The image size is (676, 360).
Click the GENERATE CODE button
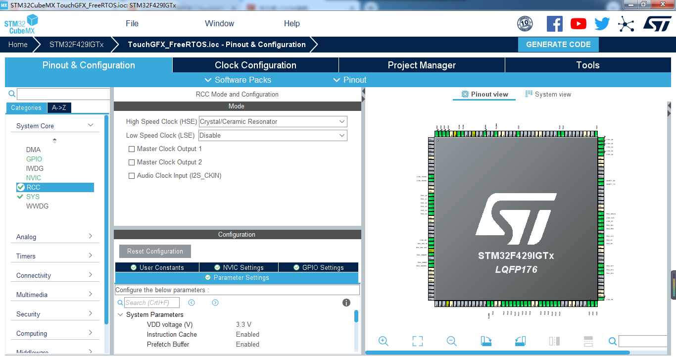(558, 45)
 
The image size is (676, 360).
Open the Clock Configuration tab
(255, 65)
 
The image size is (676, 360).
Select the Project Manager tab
(422, 65)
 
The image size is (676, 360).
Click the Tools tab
(587, 65)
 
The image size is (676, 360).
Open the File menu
(132, 23)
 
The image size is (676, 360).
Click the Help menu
(291, 23)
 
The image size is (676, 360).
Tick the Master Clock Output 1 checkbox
(132, 149)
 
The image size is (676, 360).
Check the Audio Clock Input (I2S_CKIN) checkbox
(132, 176)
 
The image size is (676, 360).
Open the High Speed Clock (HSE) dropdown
(273, 122)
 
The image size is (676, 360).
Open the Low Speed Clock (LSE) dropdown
(273, 136)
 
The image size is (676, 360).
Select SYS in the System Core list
(33, 197)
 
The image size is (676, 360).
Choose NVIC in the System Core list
(34, 178)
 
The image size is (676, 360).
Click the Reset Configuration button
(155, 252)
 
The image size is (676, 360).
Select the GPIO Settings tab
(318, 267)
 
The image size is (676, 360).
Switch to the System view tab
(548, 94)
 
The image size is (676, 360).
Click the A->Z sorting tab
(59, 108)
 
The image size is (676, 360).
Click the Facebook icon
(554, 24)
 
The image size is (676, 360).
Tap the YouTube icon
(578, 24)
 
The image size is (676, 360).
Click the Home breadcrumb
(18, 45)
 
